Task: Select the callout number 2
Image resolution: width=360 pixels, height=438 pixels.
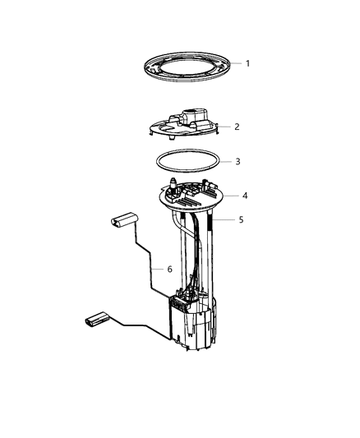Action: click(237, 127)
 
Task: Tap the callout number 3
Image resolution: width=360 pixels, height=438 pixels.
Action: click(238, 162)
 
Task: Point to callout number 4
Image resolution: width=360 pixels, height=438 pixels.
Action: click(244, 196)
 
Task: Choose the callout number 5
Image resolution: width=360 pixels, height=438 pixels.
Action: click(240, 220)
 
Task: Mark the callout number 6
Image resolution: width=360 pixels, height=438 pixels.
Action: click(169, 269)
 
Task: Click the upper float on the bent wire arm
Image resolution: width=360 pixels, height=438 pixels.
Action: click(122, 221)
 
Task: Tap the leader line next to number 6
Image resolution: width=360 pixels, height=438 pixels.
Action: click(157, 269)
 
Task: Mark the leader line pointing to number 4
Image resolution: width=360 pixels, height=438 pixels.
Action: click(229, 196)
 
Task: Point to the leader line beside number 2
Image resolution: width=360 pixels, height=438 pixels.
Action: click(223, 127)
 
